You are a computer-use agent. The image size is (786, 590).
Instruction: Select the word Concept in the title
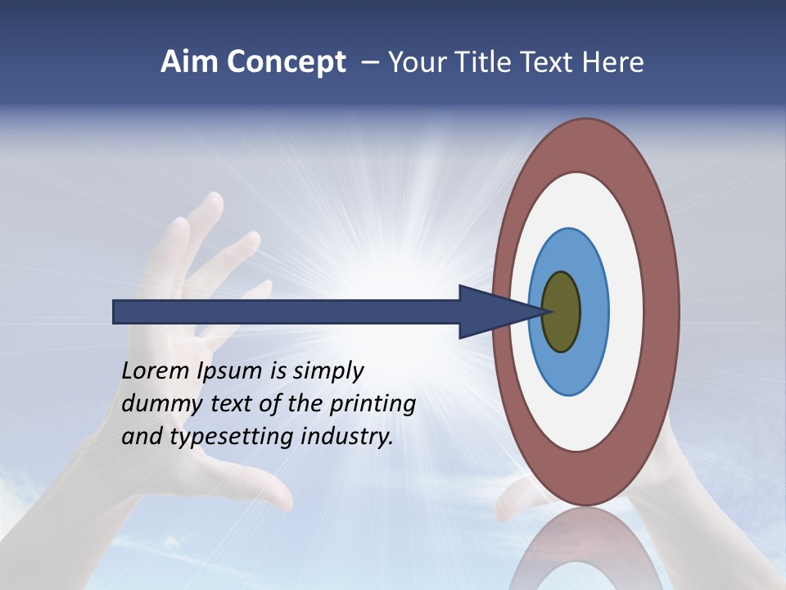coord(285,63)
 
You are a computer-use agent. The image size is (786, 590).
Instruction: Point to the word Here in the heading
coord(613,62)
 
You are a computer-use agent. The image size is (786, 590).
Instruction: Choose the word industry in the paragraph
coord(347,436)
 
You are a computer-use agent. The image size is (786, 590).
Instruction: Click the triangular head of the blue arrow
coord(491,311)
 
